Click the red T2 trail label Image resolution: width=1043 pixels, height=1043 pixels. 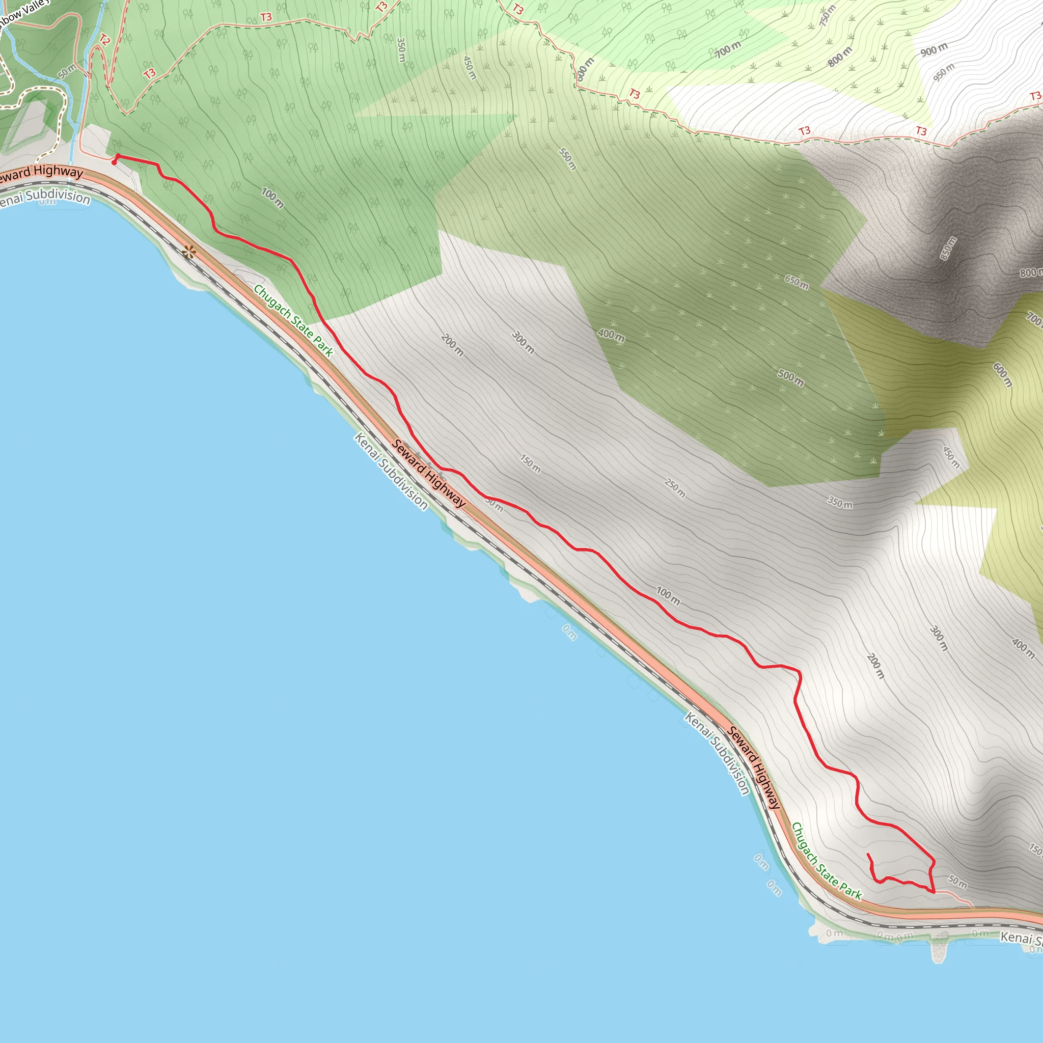tap(105, 40)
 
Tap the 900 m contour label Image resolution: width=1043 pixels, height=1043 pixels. tap(934, 50)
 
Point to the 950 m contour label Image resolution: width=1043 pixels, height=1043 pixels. tap(944, 72)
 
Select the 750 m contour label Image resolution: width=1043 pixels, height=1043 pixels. tap(827, 16)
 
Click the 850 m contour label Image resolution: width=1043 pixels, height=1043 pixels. tap(948, 248)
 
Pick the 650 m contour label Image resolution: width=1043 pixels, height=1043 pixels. tap(797, 281)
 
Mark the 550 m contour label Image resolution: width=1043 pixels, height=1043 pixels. tap(567, 159)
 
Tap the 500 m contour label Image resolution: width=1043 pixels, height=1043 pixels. tap(791, 377)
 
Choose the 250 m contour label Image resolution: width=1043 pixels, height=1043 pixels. tap(675, 488)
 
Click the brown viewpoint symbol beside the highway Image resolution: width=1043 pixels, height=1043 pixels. tap(188, 252)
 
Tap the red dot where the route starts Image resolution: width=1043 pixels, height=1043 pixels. tap(114, 162)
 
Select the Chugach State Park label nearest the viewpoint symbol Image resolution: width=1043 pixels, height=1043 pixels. tap(293, 320)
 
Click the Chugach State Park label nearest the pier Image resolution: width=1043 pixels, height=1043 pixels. tap(826, 861)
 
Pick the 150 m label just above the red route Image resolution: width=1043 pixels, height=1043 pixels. tap(530, 463)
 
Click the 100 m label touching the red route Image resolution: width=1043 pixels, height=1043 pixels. tap(668, 595)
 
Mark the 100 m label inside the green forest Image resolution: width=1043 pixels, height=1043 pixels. tap(272, 198)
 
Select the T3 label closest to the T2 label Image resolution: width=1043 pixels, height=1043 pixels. tap(150, 73)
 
